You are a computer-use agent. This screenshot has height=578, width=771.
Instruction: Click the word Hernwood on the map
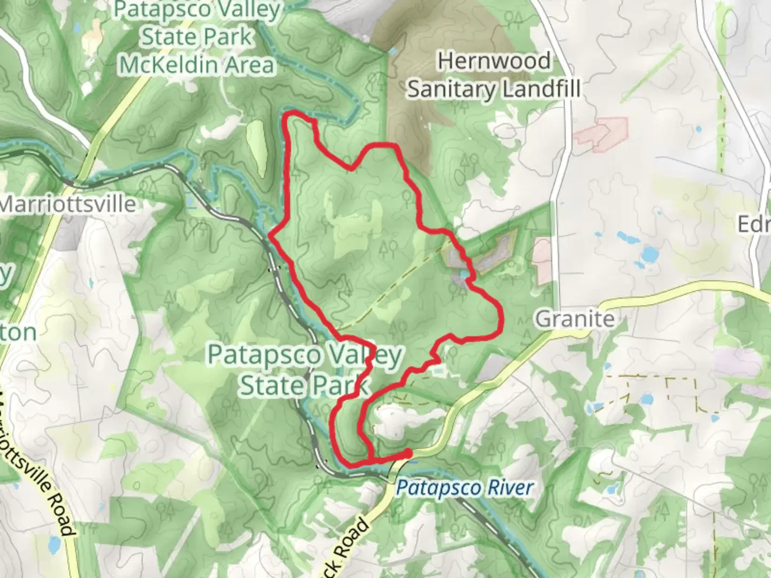click(494, 61)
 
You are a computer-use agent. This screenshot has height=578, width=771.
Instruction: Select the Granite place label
click(575, 319)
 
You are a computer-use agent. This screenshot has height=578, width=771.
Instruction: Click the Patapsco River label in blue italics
click(465, 488)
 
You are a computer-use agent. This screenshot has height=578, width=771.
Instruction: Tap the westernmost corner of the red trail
click(269, 235)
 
